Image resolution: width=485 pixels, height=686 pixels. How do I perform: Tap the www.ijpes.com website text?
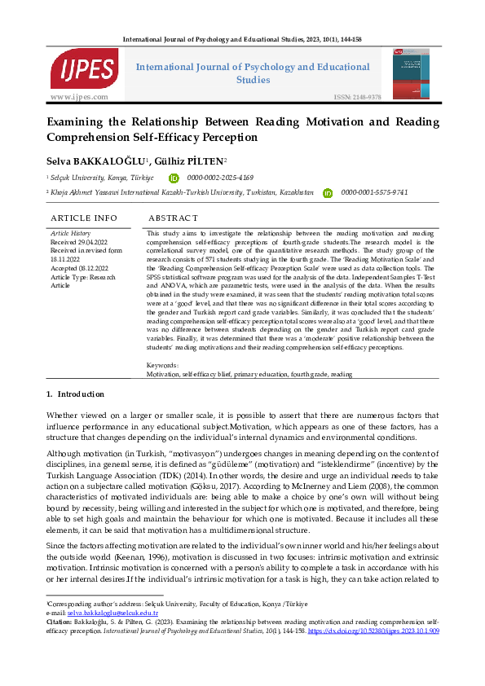tap(79, 97)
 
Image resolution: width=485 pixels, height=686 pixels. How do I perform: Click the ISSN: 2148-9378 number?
tap(357, 97)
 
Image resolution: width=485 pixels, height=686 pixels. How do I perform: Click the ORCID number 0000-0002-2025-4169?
tap(220, 178)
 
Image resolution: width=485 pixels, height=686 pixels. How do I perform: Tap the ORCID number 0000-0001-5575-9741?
tap(374, 193)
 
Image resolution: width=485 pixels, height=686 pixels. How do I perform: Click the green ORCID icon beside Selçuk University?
tap(173, 178)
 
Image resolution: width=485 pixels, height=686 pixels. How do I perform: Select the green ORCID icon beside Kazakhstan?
tap(328, 193)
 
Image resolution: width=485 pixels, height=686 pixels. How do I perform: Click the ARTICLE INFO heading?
tap(84, 218)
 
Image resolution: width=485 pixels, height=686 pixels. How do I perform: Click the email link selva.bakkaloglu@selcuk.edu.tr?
tap(112, 634)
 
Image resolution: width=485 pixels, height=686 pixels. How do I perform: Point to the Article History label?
tap(72, 233)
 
